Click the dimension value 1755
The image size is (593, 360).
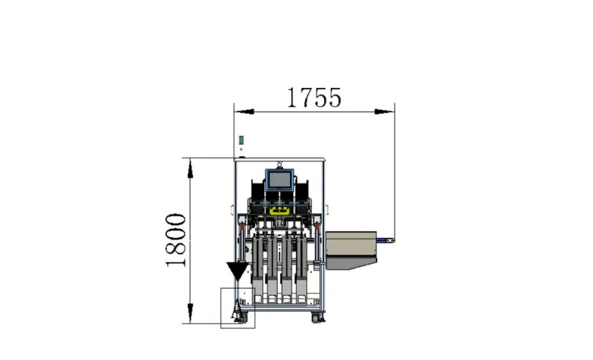coord(314,98)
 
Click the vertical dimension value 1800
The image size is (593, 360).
coord(176,240)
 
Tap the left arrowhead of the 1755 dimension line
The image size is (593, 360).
coord(244,111)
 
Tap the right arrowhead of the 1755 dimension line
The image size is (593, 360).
coord(385,111)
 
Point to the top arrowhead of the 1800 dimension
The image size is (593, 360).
coord(190,168)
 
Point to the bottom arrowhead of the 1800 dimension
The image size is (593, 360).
coord(190,314)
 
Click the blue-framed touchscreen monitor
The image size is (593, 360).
coord(279,180)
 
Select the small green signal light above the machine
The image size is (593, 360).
coord(241,140)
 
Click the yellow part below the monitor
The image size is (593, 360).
coord(279,211)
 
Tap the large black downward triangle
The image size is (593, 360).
coord(238,271)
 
